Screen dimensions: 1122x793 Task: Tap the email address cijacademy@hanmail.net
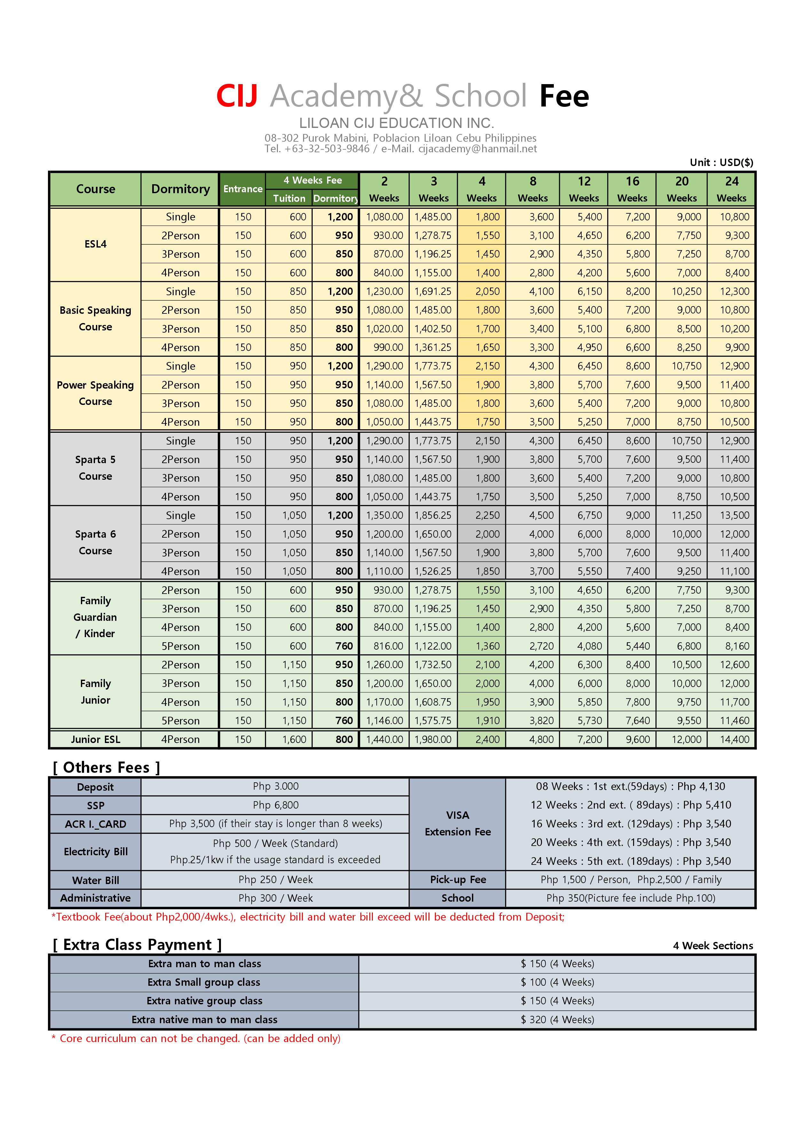coord(477,149)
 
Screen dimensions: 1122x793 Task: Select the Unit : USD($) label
coord(721,162)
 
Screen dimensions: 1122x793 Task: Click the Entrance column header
coord(243,189)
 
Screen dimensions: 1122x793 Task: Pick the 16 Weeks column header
coord(632,189)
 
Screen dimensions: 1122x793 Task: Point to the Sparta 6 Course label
coord(95,542)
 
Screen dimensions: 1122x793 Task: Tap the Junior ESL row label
coord(95,739)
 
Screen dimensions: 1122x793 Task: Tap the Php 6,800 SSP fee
coord(276,805)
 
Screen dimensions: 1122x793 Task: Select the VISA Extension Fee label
coord(457,823)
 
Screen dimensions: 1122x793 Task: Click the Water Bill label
coord(95,880)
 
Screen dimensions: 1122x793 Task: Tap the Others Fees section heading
coord(106,768)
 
